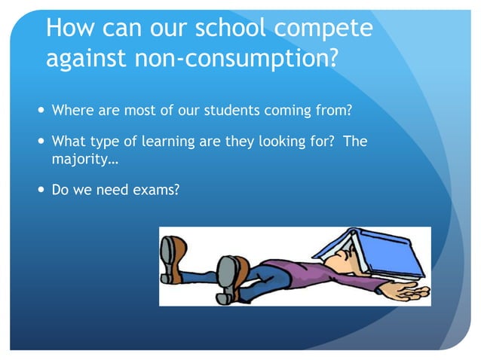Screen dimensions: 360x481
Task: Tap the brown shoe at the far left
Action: (173, 258)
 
